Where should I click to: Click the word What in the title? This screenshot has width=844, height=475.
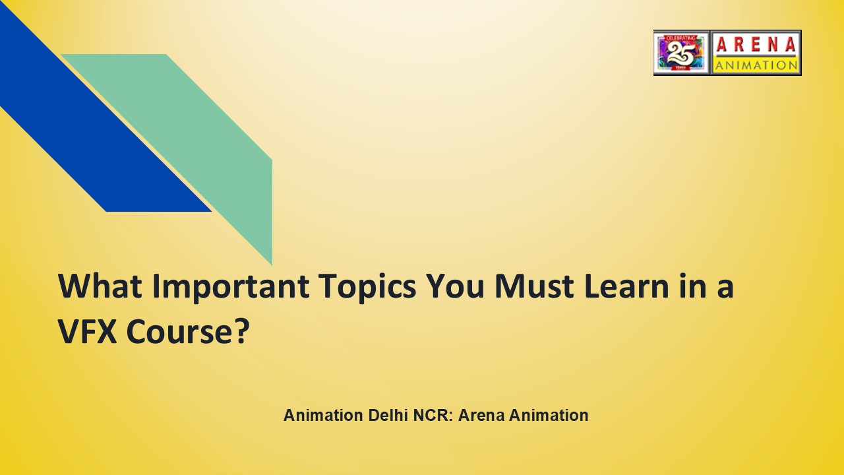click(99, 286)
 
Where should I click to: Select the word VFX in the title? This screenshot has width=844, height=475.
click(87, 332)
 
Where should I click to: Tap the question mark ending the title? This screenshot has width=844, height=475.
click(241, 332)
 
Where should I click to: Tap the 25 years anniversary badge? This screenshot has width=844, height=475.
click(681, 52)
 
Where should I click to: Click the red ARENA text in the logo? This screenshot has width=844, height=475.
click(756, 44)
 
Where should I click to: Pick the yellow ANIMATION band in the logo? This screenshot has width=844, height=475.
click(756, 65)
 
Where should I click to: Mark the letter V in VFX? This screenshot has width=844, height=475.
click(69, 332)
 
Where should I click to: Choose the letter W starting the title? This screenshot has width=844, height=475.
click(73, 286)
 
